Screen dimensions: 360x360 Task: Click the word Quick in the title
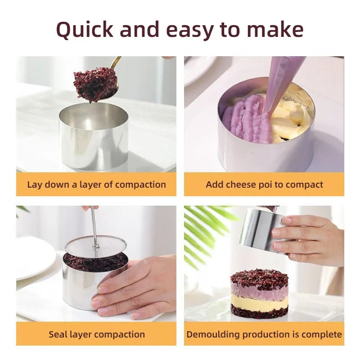[x=85, y=30]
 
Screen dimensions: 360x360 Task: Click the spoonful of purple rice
[x=95, y=84]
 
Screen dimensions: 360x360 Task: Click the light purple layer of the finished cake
[x=259, y=292]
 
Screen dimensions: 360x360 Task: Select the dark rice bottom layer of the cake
[x=259, y=313]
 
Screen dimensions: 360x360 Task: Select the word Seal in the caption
[x=58, y=334]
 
